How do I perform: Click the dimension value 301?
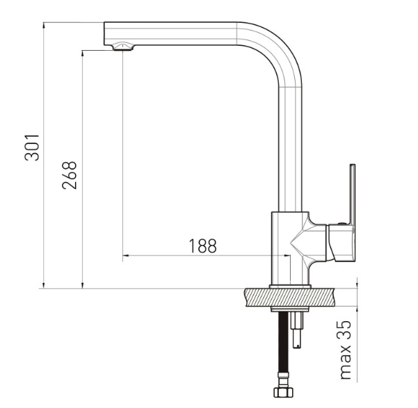click(x=32, y=147)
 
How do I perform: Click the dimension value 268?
click(x=70, y=175)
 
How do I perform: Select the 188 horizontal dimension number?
click(x=202, y=246)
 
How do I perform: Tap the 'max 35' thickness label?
click(x=346, y=350)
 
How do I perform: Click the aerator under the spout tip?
click(x=123, y=47)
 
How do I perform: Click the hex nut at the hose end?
click(x=283, y=392)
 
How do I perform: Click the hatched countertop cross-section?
click(x=289, y=297)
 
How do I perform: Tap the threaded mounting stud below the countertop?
click(x=297, y=330)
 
